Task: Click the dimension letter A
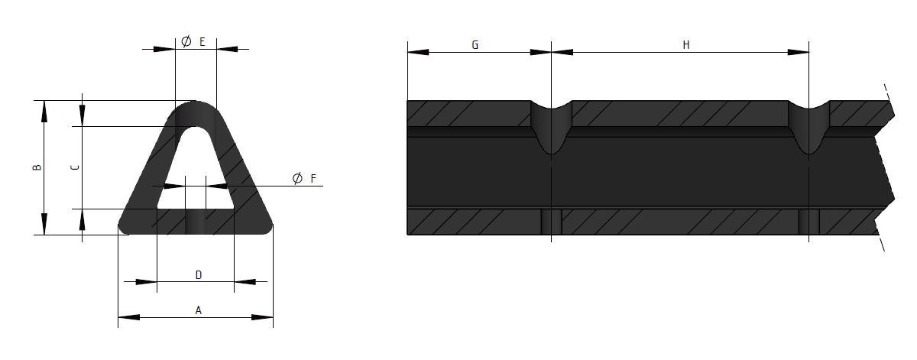coord(198,310)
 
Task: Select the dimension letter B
coord(37,167)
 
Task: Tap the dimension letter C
coord(76,167)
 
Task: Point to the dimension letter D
coord(199,275)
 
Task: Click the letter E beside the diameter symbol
coord(202,42)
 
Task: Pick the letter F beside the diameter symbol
coord(313,178)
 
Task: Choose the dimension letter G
coord(475,44)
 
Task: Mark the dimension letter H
coord(686,44)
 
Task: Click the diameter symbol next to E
coord(186,41)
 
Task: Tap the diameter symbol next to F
coord(297,178)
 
